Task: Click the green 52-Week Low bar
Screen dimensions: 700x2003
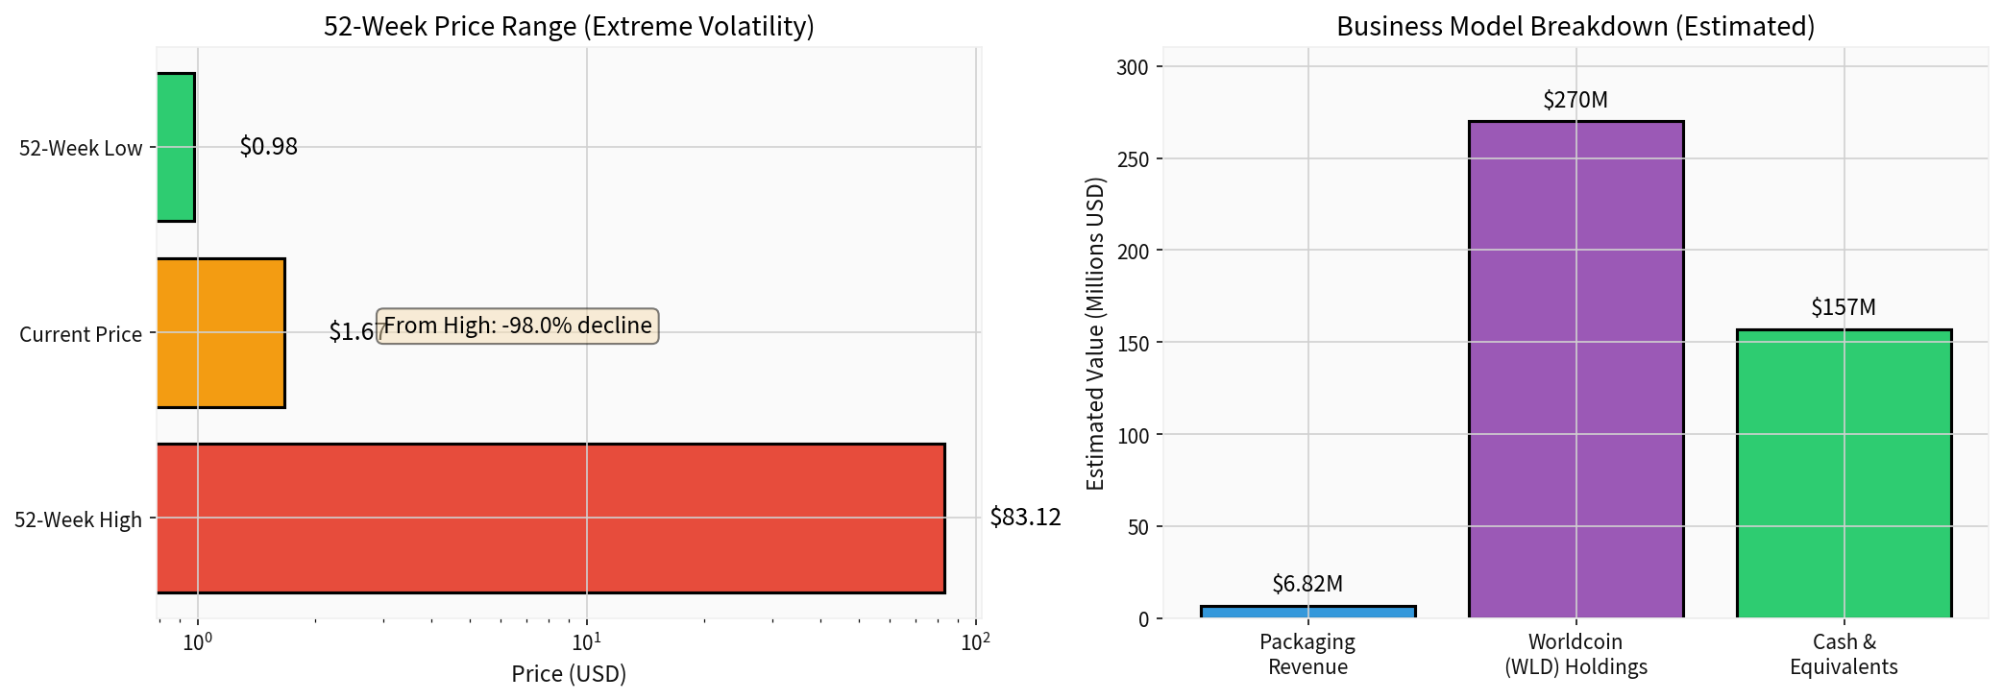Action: pyautogui.click(x=177, y=147)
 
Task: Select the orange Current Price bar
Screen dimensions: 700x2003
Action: pyautogui.click(x=221, y=332)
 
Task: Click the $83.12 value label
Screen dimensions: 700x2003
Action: pyautogui.click(x=1025, y=518)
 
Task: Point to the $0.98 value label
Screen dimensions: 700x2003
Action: pyautogui.click(x=268, y=147)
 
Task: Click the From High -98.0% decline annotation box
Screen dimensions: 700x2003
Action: pyautogui.click(x=517, y=326)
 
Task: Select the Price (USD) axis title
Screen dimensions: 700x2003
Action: pyautogui.click(x=569, y=674)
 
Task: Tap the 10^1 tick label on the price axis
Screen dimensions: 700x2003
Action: pyautogui.click(x=587, y=641)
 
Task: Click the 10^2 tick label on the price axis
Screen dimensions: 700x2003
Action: pyautogui.click(x=975, y=641)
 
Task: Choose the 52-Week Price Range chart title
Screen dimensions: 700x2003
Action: pyautogui.click(x=569, y=26)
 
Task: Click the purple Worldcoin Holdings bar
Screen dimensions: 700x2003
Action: pyautogui.click(x=1576, y=370)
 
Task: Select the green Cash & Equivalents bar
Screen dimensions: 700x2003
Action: pyautogui.click(x=1843, y=473)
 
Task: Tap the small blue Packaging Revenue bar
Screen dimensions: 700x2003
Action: pyautogui.click(x=1307, y=612)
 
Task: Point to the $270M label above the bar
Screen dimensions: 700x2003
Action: pyautogui.click(x=1576, y=100)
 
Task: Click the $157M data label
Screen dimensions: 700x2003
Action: pyautogui.click(x=1843, y=307)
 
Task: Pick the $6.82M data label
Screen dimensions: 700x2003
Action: pyautogui.click(x=1307, y=584)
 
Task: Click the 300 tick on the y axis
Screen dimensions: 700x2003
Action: pyautogui.click(x=1133, y=67)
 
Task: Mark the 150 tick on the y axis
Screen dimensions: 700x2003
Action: pyautogui.click(x=1133, y=343)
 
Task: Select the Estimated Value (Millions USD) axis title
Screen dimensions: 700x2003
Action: pyautogui.click(x=1095, y=333)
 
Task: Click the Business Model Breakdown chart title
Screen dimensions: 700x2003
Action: pyautogui.click(x=1576, y=26)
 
